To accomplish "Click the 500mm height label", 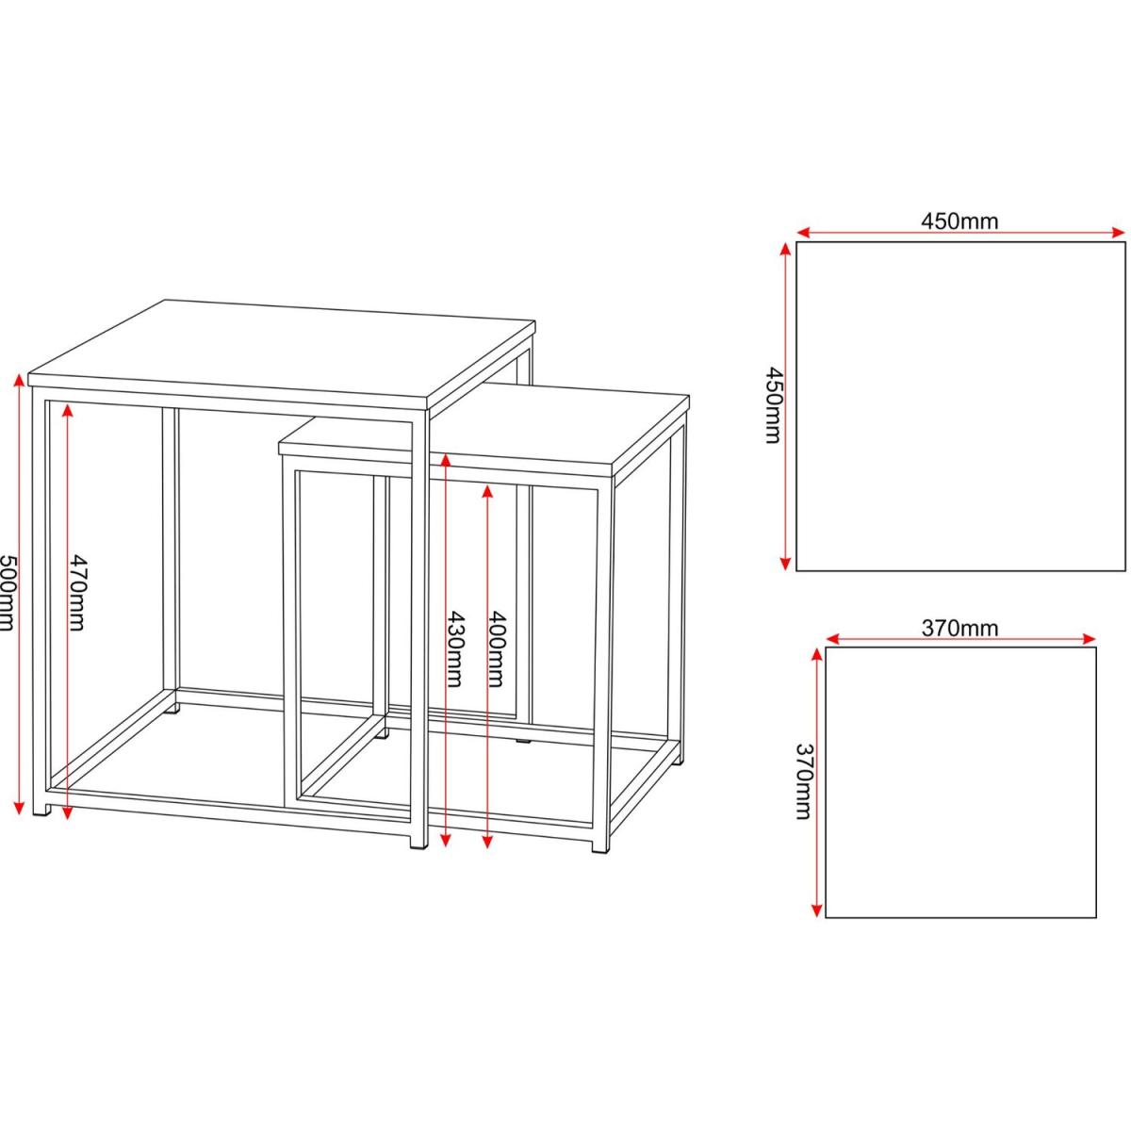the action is click(x=6, y=593).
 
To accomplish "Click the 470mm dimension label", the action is click(x=76, y=592).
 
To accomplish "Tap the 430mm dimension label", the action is click(x=454, y=649).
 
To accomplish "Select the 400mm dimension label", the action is click(x=497, y=649).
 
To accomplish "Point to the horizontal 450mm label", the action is click(x=959, y=221).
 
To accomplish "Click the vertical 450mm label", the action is click(x=773, y=405).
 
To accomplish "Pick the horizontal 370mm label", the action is click(x=959, y=628).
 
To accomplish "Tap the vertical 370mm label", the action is click(x=803, y=781).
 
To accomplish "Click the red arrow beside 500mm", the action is click(x=20, y=594).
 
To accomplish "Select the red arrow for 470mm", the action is click(x=67, y=611).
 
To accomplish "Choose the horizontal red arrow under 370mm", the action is click(x=960, y=639).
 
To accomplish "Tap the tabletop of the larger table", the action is click(x=282, y=355).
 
